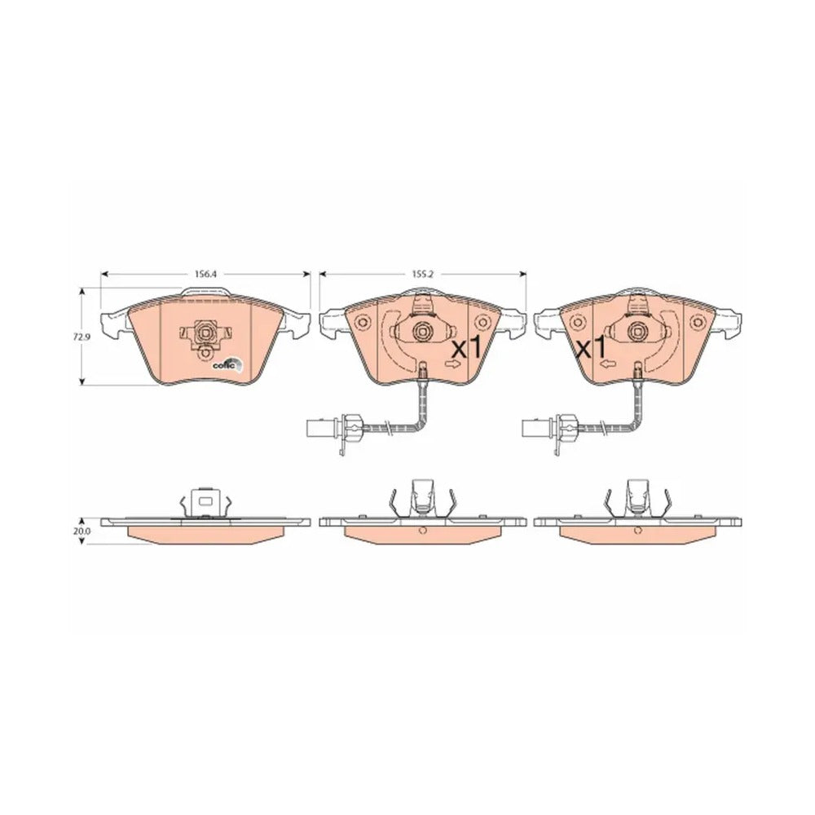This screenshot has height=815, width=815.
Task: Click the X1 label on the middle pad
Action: pyautogui.click(x=467, y=350)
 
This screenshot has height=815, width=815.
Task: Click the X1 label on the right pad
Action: pyautogui.click(x=592, y=350)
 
